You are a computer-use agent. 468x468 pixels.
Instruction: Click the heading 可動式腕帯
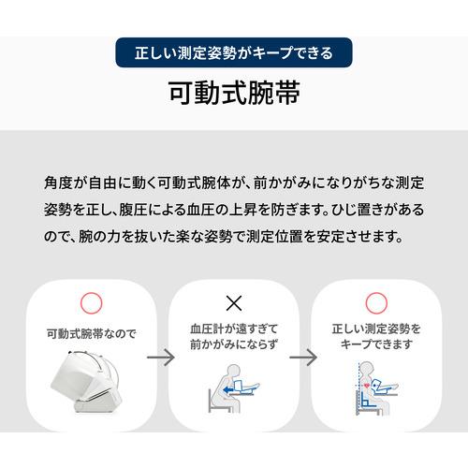tap(234, 95)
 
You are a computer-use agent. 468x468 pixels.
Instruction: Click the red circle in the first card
tap(89, 302)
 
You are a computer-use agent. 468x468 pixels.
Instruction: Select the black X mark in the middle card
tap(234, 301)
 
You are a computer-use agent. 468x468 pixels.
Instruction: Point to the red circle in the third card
tap(377, 302)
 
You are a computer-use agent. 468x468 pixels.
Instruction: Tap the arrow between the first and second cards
tap(162, 358)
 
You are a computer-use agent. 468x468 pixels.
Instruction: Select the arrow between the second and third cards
tap(305, 358)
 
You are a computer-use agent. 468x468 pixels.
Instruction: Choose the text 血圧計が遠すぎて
tap(234, 329)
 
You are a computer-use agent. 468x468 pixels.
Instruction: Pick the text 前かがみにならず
tap(234, 344)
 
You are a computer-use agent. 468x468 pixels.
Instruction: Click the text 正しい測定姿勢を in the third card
tap(377, 329)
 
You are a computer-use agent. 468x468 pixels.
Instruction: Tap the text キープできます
tap(377, 344)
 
